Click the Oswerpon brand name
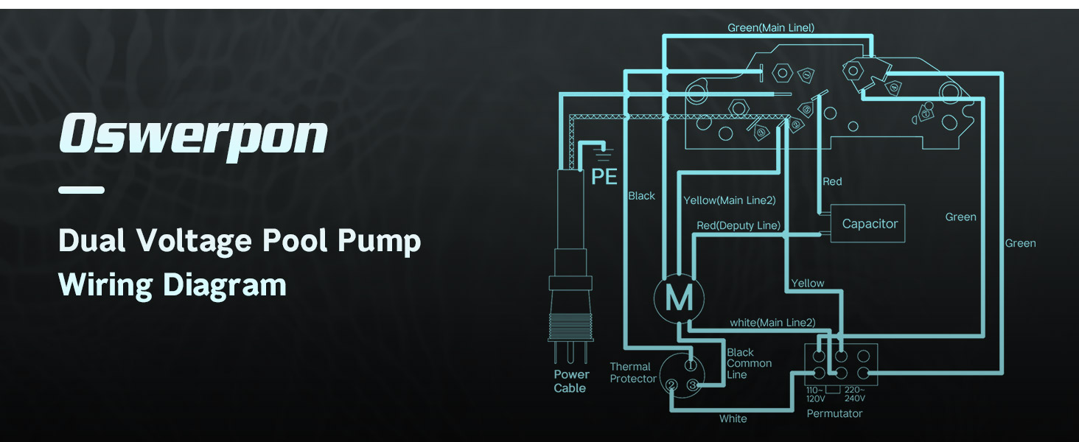point(192,136)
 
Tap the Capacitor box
point(870,224)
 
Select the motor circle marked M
point(679,298)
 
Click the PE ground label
point(604,177)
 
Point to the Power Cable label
point(571,381)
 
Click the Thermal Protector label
point(632,373)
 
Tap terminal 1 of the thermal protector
point(691,365)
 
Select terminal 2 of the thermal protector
point(671,385)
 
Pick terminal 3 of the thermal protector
point(692,385)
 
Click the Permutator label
point(834,413)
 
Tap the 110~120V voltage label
point(816,394)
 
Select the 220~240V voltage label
point(854,394)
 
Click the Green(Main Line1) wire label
point(770,28)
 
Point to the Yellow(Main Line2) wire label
point(729,200)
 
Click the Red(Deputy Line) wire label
point(738,225)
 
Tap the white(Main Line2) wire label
point(772,323)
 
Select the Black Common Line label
point(749,364)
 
